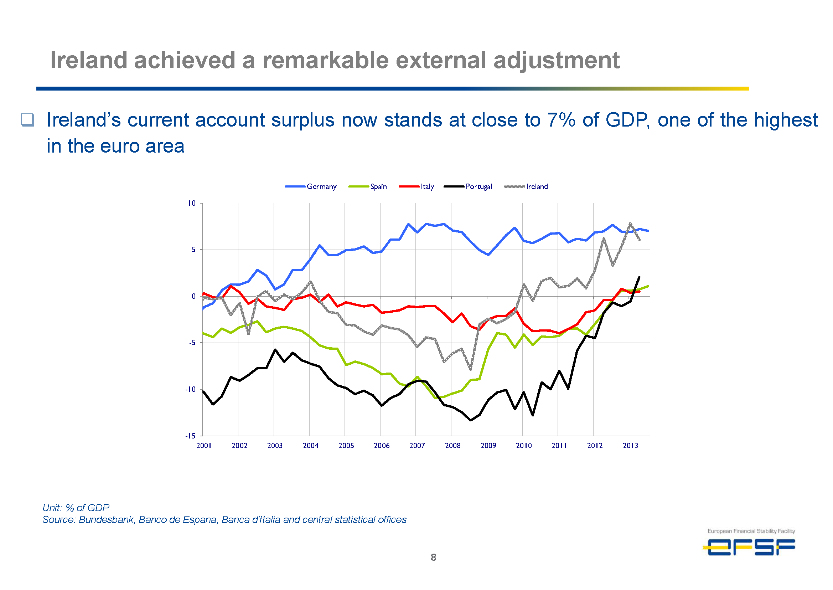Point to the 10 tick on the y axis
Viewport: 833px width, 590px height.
[x=192, y=203]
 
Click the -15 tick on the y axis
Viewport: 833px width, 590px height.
[x=191, y=436]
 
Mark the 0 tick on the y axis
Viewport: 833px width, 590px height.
[x=193, y=296]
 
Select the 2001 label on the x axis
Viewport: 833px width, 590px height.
[x=204, y=445]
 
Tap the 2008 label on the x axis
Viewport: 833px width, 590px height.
[x=452, y=445]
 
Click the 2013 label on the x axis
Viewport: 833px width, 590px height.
[x=630, y=445]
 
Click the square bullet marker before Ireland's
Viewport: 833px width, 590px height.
[x=27, y=119]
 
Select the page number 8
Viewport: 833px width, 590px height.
[x=433, y=557]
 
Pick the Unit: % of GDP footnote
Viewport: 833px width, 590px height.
[x=76, y=508]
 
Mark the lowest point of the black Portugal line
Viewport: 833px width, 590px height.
[x=471, y=420]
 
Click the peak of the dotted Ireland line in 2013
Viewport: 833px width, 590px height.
[x=630, y=224]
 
